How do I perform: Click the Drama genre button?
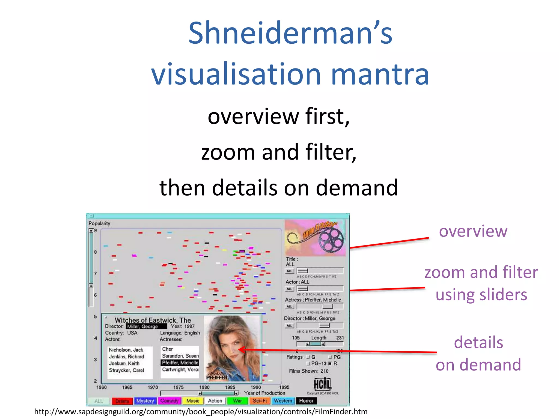click(x=122, y=401)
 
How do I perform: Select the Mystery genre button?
click(x=145, y=401)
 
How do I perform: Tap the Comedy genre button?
click(x=170, y=401)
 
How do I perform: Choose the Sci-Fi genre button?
click(x=260, y=401)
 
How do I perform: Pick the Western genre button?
click(x=283, y=401)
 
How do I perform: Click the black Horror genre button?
click(x=306, y=401)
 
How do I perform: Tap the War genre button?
click(x=237, y=401)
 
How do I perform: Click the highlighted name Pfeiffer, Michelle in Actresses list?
click(x=180, y=363)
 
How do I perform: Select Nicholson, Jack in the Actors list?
click(x=126, y=350)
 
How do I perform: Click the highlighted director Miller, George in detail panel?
click(x=143, y=327)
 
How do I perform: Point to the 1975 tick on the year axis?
click(x=179, y=387)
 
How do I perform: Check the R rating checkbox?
click(x=330, y=364)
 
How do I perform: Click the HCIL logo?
click(x=322, y=384)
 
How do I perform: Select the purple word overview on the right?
click(x=473, y=231)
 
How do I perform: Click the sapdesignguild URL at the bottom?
click(x=201, y=412)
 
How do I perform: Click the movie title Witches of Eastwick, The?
click(x=153, y=320)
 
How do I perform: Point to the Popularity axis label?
click(x=99, y=223)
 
